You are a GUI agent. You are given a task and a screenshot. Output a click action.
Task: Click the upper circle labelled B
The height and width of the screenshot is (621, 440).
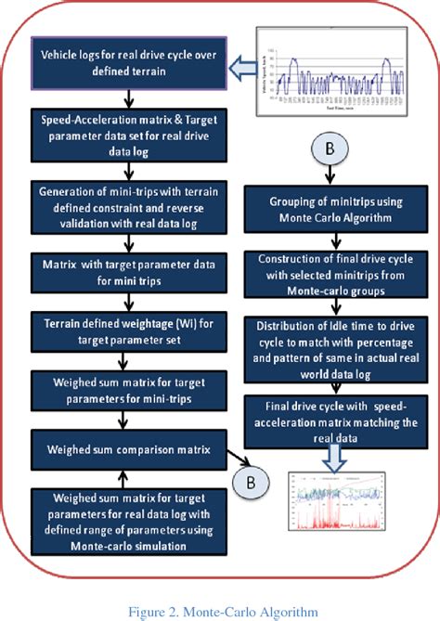coord(331,149)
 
